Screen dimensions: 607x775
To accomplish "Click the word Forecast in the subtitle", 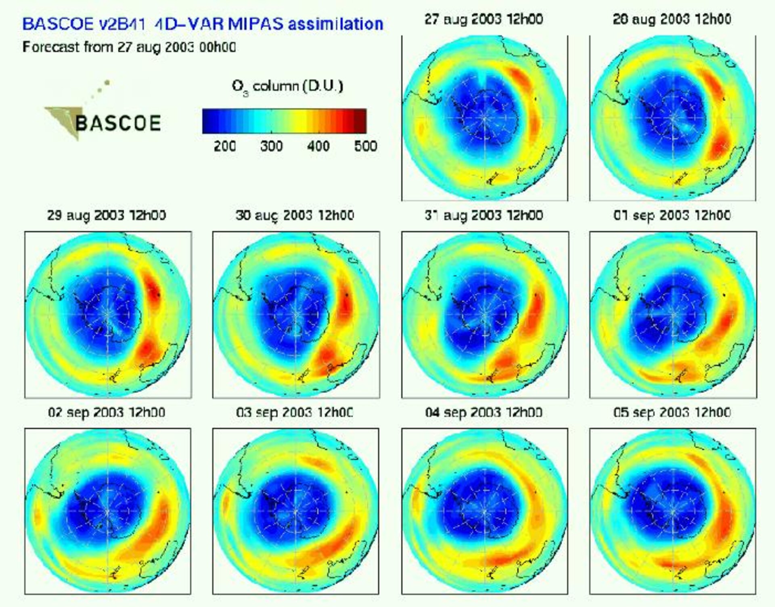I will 51,47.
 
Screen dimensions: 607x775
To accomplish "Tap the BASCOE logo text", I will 118,123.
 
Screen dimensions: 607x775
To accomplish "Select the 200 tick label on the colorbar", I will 225,146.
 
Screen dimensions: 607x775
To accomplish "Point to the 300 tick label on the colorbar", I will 271,146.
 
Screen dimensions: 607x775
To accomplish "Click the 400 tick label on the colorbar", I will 318,146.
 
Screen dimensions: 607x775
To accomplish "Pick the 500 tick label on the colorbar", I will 365,146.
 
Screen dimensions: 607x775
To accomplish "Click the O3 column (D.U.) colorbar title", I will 287,86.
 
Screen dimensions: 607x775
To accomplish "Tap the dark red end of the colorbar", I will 360,121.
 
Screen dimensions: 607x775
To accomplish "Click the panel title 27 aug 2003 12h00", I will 484,19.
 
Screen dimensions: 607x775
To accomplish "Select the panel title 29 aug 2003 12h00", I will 107,215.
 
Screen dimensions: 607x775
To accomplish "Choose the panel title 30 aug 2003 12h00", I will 295,215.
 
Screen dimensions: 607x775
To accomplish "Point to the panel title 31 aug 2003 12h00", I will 484,215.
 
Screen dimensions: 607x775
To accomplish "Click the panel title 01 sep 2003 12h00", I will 672,215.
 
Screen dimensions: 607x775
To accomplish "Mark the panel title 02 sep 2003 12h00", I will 107,412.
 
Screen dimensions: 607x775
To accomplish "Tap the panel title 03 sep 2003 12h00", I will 295,412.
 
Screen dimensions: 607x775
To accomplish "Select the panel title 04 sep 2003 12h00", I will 484,412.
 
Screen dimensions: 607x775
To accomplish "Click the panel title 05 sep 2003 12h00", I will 672,412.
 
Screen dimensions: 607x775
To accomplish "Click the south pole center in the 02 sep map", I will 108,511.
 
